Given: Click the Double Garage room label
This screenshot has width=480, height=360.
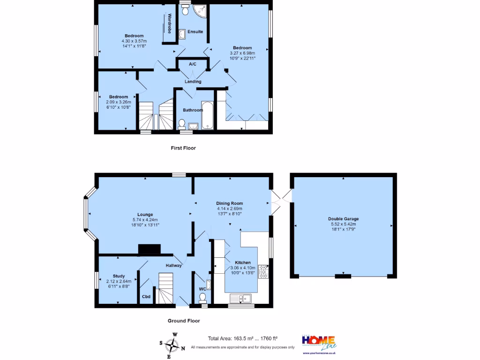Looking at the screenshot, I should (x=344, y=219).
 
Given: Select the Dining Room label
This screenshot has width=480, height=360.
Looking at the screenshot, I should (x=229, y=203).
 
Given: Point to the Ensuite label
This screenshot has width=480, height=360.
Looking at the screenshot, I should (x=195, y=32).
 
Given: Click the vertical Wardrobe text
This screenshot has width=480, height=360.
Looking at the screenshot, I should (x=170, y=23).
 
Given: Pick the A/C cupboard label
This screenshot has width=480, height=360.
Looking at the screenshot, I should (x=192, y=64).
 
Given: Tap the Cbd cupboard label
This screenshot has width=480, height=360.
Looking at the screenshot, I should (x=146, y=296).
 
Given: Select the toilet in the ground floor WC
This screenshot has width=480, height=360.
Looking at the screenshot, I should (x=202, y=297).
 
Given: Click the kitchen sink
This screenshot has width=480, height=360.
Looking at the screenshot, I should (x=240, y=298).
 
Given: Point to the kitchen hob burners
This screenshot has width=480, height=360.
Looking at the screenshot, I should (x=265, y=272).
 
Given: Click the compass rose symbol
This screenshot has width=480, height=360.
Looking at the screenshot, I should (x=175, y=345).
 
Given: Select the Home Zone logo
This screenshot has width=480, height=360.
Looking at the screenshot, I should (x=318, y=343).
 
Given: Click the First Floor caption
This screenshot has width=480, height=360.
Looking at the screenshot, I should (x=183, y=148).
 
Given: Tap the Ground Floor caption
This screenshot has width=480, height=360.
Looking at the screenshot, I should (x=184, y=321).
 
